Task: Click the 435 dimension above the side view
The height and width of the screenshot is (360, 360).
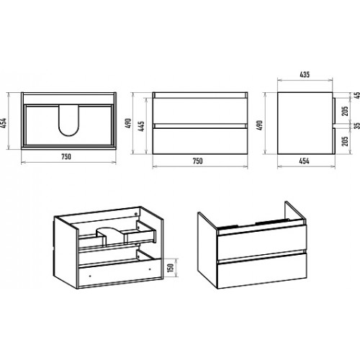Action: (x=305, y=75)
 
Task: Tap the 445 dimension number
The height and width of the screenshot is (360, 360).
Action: (x=142, y=126)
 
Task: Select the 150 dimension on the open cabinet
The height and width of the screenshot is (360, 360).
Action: (x=170, y=268)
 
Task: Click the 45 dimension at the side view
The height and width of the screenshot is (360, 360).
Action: (x=357, y=95)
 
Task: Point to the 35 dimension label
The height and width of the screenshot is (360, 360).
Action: (x=357, y=125)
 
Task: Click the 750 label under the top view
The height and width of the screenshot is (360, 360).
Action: (x=66, y=157)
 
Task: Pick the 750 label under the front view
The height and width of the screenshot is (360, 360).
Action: (x=198, y=161)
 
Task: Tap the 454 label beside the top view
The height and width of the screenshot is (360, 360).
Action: (x=5, y=123)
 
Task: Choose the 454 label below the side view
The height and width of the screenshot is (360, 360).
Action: (x=304, y=161)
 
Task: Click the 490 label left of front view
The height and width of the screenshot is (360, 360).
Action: (x=129, y=123)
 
